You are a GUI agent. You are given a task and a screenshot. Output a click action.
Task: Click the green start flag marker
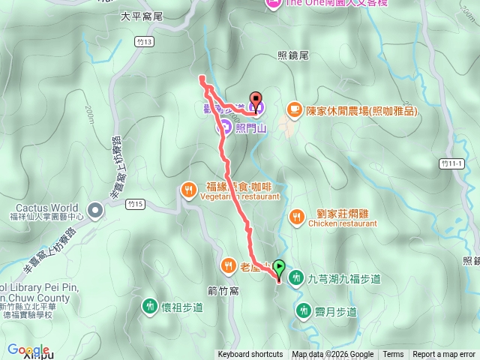[x=279, y=267]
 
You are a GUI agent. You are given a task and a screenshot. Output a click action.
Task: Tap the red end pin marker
[x=255, y=100]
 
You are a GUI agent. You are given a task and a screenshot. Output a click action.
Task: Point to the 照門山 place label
[x=250, y=128]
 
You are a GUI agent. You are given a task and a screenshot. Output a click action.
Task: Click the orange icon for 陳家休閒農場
[x=293, y=110]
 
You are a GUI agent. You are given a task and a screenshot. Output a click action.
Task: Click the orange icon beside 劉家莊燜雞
[x=297, y=217]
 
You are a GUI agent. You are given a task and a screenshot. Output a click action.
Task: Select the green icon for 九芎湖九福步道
[x=295, y=278]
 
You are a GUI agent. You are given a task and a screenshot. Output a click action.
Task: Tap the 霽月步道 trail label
[x=336, y=311]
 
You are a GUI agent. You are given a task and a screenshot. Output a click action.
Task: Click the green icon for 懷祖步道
[x=149, y=306]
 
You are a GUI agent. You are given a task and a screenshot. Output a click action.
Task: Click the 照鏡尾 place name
[x=293, y=55]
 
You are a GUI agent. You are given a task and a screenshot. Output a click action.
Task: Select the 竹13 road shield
[x=145, y=41]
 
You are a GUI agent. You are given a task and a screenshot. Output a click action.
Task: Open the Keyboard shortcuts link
[x=250, y=355]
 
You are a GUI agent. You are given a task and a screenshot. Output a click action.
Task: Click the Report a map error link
[x=443, y=355]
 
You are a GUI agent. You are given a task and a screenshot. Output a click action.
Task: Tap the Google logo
[x=28, y=350]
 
